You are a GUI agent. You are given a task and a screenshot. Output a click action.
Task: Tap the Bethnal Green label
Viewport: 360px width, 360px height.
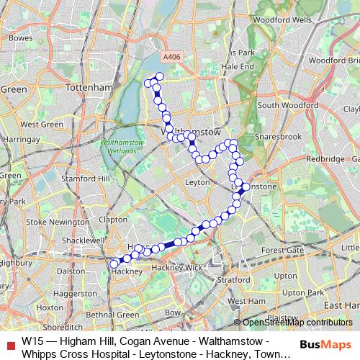(113, 315)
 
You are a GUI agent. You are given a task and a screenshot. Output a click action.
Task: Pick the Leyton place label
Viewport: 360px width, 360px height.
(197, 183)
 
